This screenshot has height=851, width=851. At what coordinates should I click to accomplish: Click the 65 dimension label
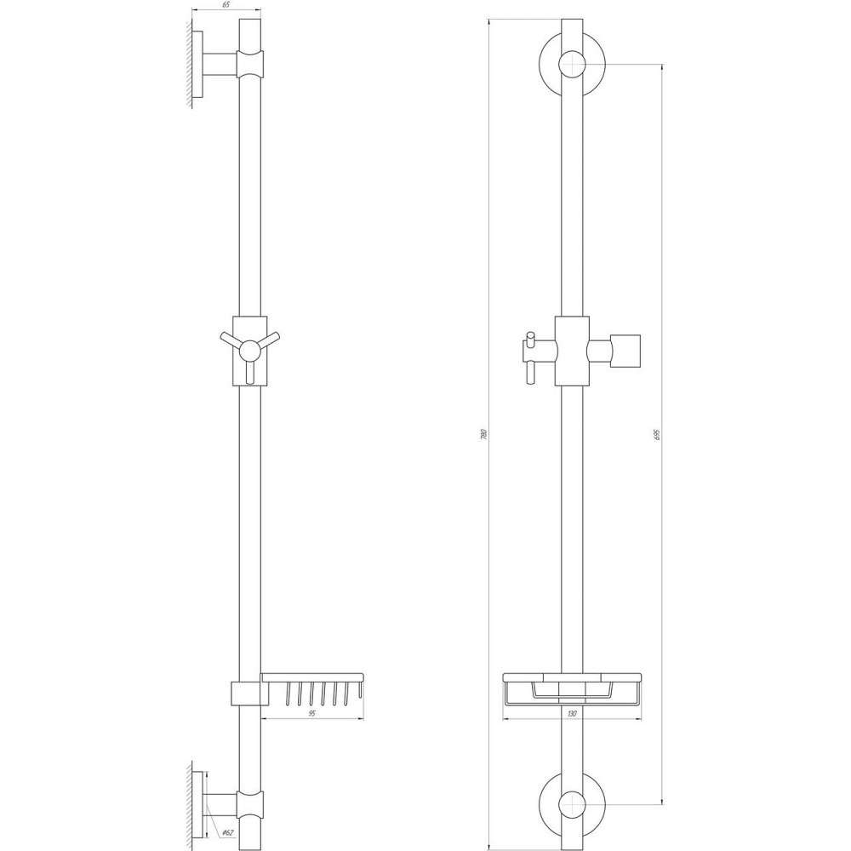(x=226, y=5)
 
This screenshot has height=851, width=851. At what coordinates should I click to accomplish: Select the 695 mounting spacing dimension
(x=658, y=434)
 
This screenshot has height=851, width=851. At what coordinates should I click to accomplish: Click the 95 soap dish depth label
(x=312, y=714)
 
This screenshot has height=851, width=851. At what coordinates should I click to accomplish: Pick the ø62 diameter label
(x=228, y=832)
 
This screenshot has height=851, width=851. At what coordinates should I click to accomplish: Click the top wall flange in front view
(x=573, y=65)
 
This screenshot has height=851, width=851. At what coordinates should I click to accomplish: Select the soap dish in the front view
(x=573, y=687)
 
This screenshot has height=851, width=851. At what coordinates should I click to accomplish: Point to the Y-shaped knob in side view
(x=248, y=349)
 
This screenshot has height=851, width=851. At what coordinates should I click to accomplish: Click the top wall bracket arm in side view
(x=220, y=65)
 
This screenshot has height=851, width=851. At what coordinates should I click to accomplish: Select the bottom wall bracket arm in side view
(x=220, y=801)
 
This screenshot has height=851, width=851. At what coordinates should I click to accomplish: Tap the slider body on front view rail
(x=572, y=350)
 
